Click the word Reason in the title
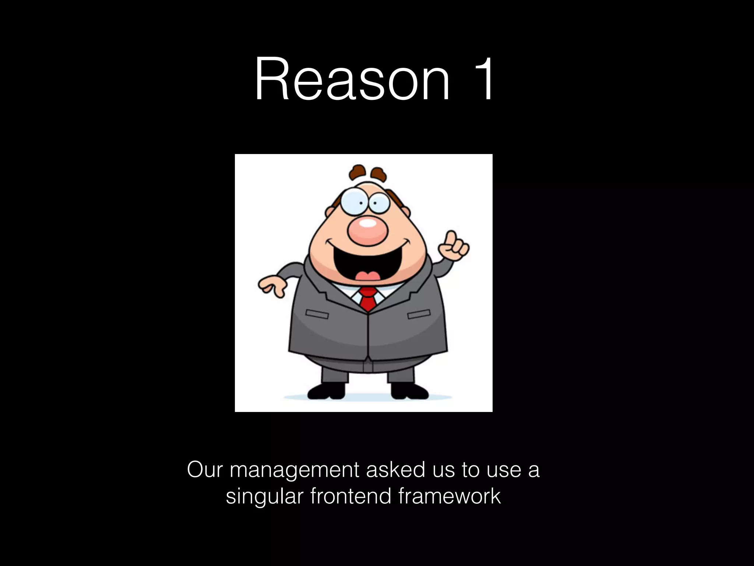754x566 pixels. [352, 79]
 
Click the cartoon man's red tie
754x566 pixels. [368, 298]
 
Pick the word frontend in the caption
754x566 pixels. [350, 496]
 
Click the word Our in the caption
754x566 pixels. [204, 470]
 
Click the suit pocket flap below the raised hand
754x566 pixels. [419, 314]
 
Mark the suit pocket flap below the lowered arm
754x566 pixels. [317, 314]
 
